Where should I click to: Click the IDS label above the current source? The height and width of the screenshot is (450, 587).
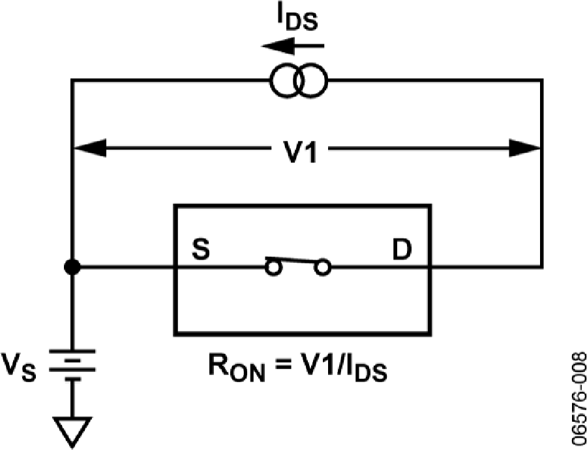(x=297, y=20)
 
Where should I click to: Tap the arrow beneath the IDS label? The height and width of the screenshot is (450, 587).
(x=292, y=46)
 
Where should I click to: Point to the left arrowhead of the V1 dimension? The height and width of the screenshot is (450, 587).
(x=90, y=148)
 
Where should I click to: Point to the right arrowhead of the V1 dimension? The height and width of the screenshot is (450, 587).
(x=524, y=148)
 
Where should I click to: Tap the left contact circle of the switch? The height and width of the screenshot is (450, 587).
(x=273, y=267)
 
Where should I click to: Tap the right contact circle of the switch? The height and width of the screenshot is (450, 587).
(x=322, y=267)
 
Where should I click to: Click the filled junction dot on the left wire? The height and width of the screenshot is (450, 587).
(x=72, y=267)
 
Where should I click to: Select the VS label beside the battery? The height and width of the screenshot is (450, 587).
(x=19, y=367)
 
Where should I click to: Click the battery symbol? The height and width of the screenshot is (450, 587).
(x=72, y=365)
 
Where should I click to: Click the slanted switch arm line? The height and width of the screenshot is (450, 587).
(x=293, y=260)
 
